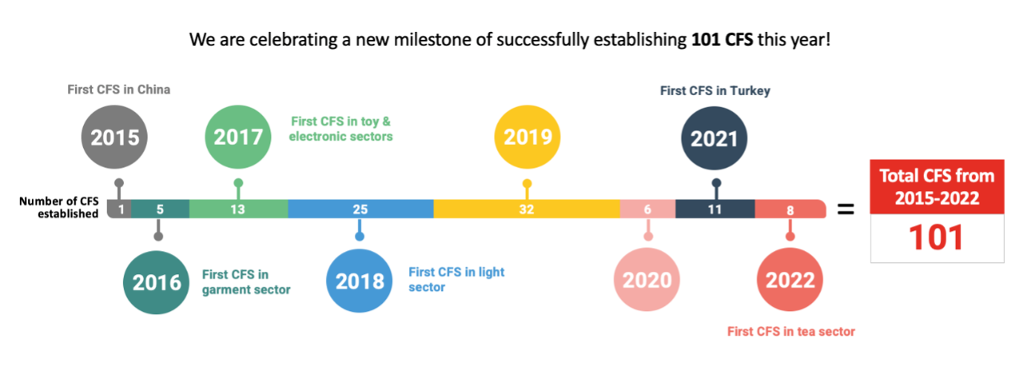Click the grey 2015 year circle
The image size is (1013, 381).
coord(115,138)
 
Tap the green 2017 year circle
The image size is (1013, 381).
coord(237,137)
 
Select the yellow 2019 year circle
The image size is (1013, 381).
coord(527,137)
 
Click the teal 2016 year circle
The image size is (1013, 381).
coord(157,281)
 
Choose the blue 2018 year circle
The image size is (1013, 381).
coord(359,281)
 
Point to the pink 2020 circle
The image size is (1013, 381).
coord(646,280)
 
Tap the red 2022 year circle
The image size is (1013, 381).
coord(790,280)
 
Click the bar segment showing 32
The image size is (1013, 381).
coord(526,209)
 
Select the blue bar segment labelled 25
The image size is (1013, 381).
coord(360,209)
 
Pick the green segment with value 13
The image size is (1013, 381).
coord(237,209)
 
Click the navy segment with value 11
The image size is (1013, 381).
coord(714,209)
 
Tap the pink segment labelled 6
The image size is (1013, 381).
coord(647,209)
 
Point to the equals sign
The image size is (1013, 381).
coord(845,210)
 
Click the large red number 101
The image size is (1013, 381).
coord(935,237)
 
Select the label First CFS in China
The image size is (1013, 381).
coord(119,90)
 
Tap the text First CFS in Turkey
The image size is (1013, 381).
coord(715,91)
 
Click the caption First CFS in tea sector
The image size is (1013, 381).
coord(791,332)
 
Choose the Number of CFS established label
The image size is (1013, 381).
coord(59,207)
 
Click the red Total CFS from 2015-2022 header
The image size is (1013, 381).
coord(935,187)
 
